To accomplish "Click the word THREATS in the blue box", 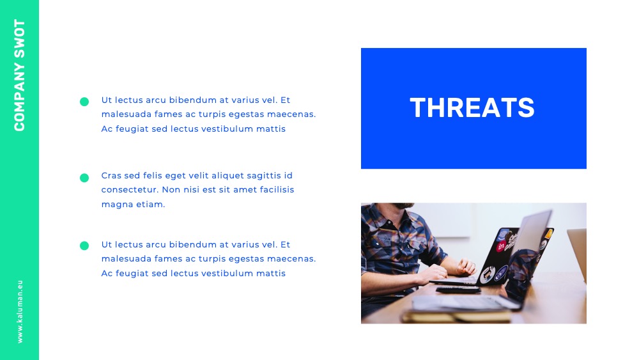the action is [x=472, y=107].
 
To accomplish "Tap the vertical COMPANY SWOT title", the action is [x=19, y=75].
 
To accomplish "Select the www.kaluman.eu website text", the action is [x=20, y=311].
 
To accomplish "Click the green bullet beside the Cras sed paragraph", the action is [x=84, y=178].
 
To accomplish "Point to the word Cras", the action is [x=111, y=175].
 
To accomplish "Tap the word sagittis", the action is [x=258, y=176].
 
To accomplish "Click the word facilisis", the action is [x=277, y=189].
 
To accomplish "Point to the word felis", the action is [x=153, y=175].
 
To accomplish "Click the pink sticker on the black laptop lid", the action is [x=501, y=246].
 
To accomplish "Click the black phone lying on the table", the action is [x=458, y=290].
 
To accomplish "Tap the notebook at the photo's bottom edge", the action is [x=456, y=316].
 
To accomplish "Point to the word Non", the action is [x=171, y=189].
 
